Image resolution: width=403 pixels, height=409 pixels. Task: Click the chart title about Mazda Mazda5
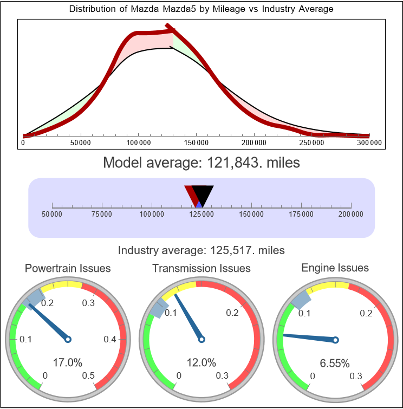[x=201, y=9]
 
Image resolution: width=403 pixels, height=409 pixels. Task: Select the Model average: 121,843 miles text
[x=201, y=163]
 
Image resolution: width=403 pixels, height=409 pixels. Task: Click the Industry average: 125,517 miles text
[x=201, y=250]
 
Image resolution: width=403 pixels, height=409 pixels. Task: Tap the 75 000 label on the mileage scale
[x=102, y=215]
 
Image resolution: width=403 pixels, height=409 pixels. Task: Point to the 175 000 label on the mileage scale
[x=301, y=215]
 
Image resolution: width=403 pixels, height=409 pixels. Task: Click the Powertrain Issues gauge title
[x=68, y=268]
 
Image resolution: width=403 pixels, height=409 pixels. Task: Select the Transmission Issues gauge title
[x=201, y=268]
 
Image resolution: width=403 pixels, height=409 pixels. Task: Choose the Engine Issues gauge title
[x=335, y=268]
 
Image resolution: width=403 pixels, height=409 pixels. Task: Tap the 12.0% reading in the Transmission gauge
[x=201, y=362]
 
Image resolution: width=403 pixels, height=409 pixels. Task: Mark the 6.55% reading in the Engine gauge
[x=335, y=362]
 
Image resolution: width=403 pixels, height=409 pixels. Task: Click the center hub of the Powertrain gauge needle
[x=68, y=339]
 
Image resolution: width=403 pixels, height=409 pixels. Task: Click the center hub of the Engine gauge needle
[x=335, y=340]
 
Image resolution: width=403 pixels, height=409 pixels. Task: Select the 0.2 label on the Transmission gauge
[x=233, y=313]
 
